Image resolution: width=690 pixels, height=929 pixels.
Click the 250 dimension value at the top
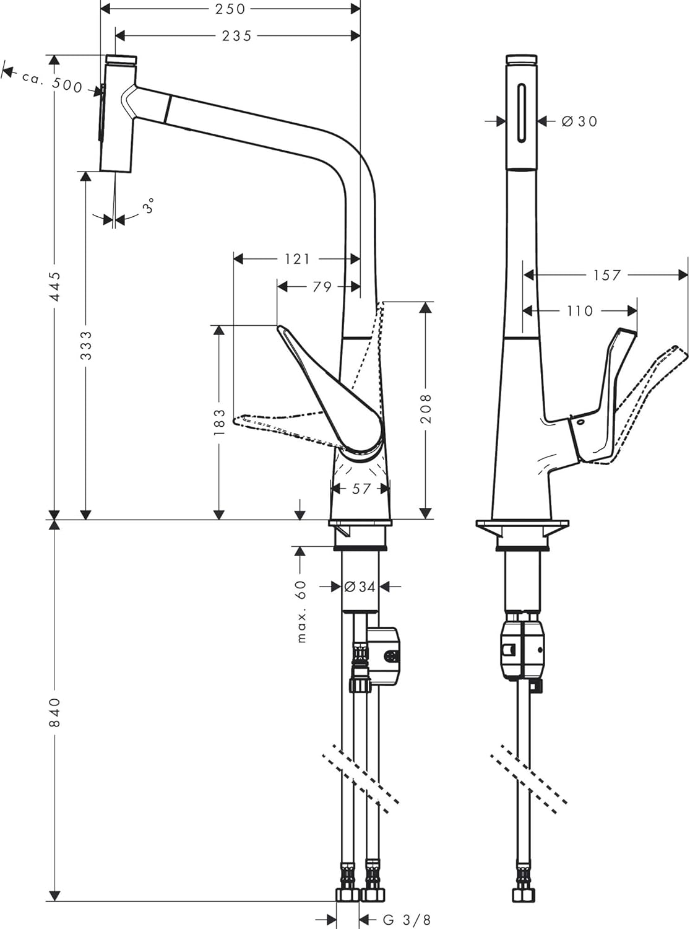pyautogui.click(x=230, y=9)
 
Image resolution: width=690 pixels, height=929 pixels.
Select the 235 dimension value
pyautogui.click(x=236, y=36)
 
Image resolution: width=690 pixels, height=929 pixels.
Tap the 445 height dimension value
pyautogui.click(x=54, y=287)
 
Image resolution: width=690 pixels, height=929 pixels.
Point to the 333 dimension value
pyautogui.click(x=86, y=346)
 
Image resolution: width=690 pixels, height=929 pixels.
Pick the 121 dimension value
pyautogui.click(x=297, y=259)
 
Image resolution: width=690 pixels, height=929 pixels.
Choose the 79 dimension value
pyautogui.click(x=322, y=287)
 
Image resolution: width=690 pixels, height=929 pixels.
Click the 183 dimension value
pyautogui.click(x=219, y=422)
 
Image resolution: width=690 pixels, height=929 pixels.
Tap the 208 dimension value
pyautogui.click(x=426, y=408)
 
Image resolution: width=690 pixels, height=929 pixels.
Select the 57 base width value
pyautogui.click(x=361, y=489)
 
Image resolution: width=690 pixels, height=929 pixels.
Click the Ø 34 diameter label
pyautogui.click(x=360, y=587)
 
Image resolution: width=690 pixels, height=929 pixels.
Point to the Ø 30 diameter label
pyautogui.click(x=579, y=121)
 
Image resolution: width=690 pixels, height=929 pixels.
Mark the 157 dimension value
pyautogui.click(x=606, y=275)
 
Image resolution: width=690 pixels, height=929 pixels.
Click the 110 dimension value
pyautogui.click(x=580, y=311)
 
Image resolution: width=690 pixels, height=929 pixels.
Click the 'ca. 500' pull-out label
pyautogui.click(x=52, y=82)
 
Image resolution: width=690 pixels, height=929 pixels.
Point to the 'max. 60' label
pyautogui.click(x=301, y=611)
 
